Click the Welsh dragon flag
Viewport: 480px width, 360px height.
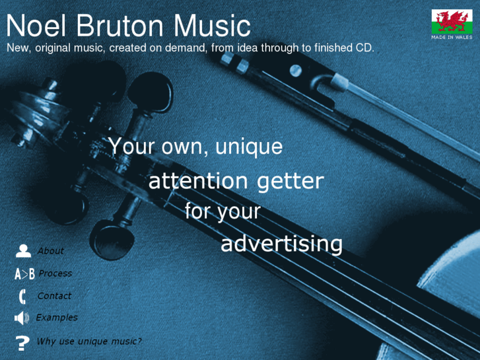452,21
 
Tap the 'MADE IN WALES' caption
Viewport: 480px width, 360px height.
452,38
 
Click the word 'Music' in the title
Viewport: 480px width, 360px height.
212,26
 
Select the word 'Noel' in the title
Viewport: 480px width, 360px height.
36,26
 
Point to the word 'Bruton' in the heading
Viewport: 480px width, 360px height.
120,26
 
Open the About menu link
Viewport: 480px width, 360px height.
51,251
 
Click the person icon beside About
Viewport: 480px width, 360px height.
23,251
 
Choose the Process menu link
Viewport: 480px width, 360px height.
55,273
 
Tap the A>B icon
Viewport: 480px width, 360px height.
24,274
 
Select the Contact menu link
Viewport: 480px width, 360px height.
54,296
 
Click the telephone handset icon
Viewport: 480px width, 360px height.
22,297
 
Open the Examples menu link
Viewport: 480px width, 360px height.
57,318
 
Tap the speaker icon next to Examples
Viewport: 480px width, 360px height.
22,318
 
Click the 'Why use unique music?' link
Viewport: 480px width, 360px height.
88,341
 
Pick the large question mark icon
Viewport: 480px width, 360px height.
22,343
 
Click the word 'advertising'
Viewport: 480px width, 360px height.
281,244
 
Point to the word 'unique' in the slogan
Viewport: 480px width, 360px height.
249,147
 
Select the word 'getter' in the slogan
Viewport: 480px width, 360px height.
291,181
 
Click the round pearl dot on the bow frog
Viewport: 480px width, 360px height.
296,71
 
